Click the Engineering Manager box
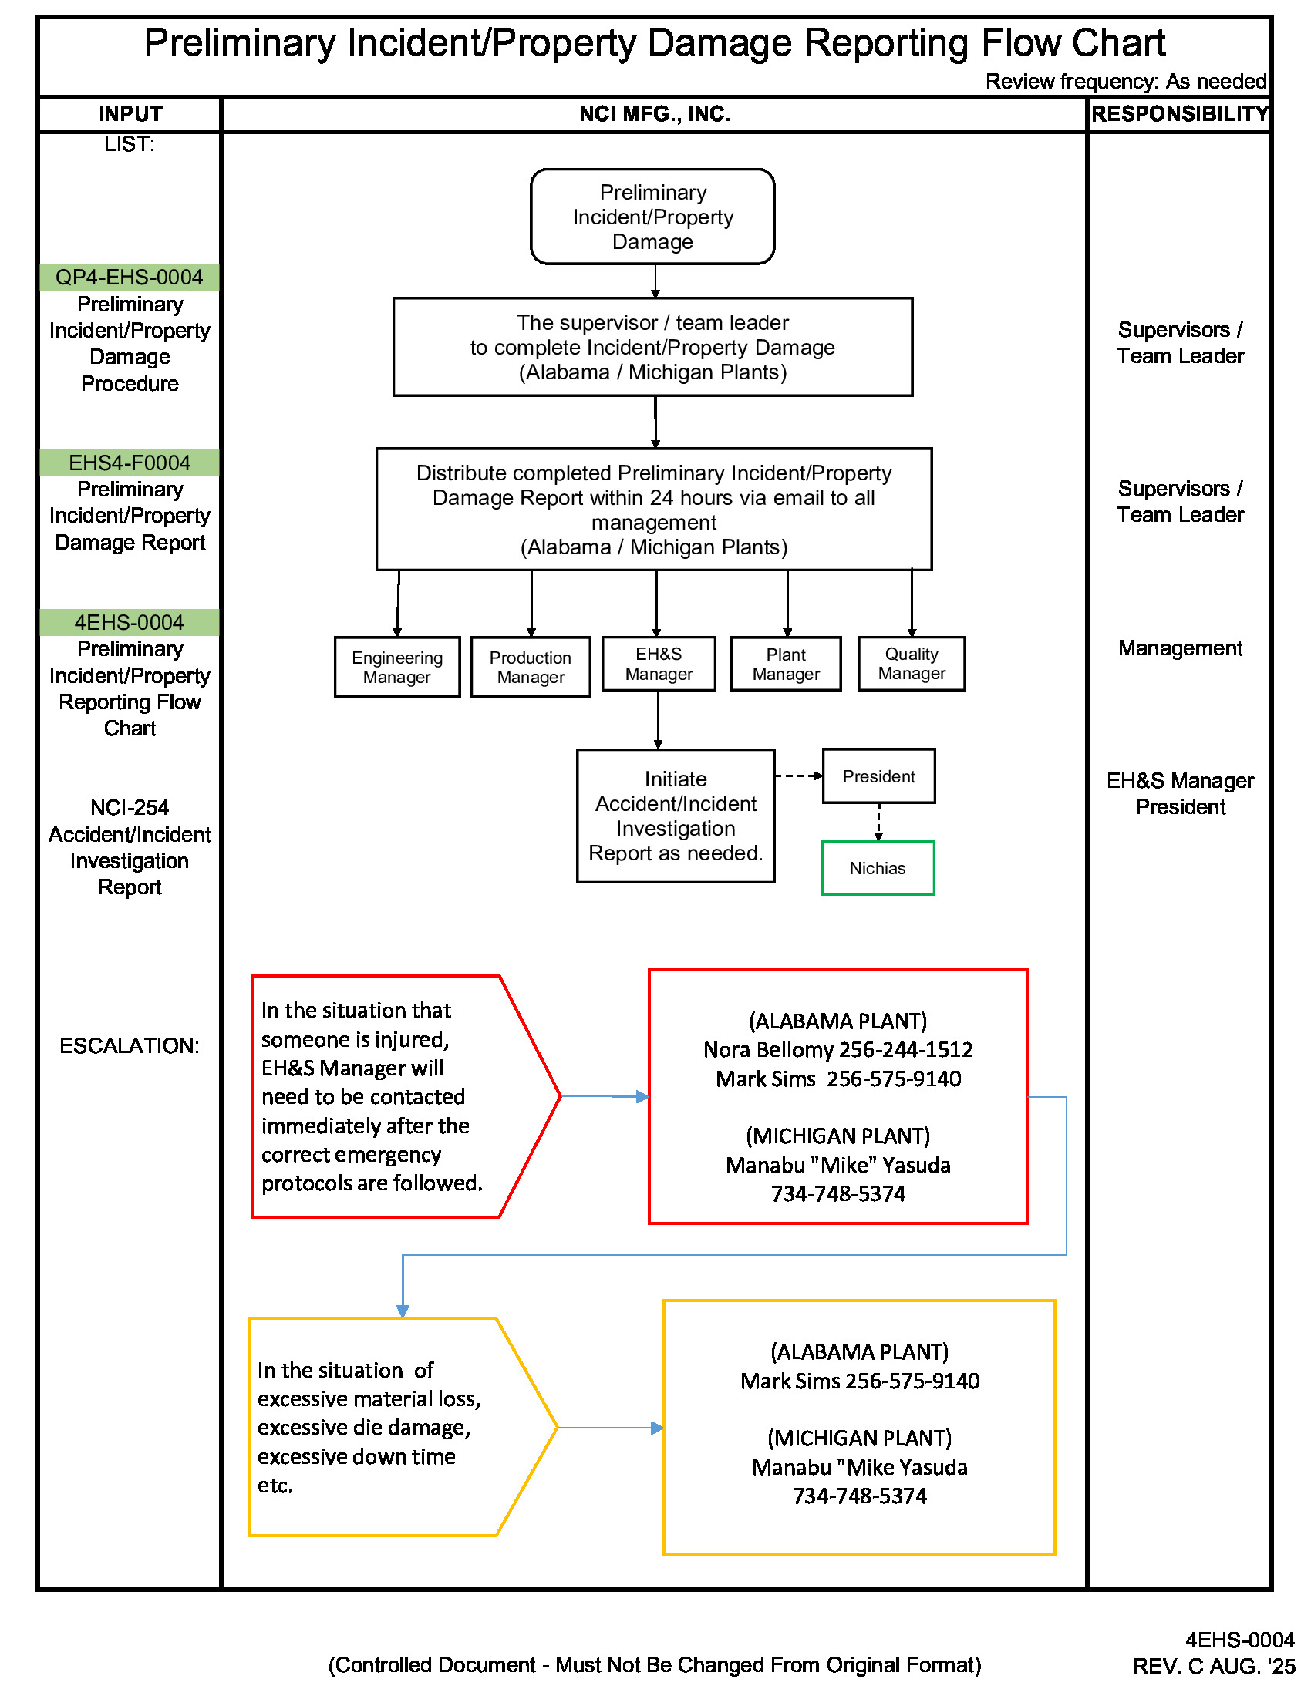(397, 667)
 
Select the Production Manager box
(531, 667)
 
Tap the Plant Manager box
(786, 664)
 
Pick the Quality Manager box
(911, 663)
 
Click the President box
(878, 776)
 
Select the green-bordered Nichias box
(878, 868)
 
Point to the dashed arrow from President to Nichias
(878, 823)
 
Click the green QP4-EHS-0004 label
(129, 278)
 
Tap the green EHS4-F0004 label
(129, 463)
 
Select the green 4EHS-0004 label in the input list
(129, 623)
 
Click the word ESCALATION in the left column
(129, 1046)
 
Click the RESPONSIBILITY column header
(1179, 114)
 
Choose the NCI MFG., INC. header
(654, 114)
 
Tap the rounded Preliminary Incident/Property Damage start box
(652, 217)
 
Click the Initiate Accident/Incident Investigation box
(675, 816)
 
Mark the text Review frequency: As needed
(1125, 82)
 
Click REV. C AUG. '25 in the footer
(1213, 1667)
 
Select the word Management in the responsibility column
(1180, 648)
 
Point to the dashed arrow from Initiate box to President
(798, 776)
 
